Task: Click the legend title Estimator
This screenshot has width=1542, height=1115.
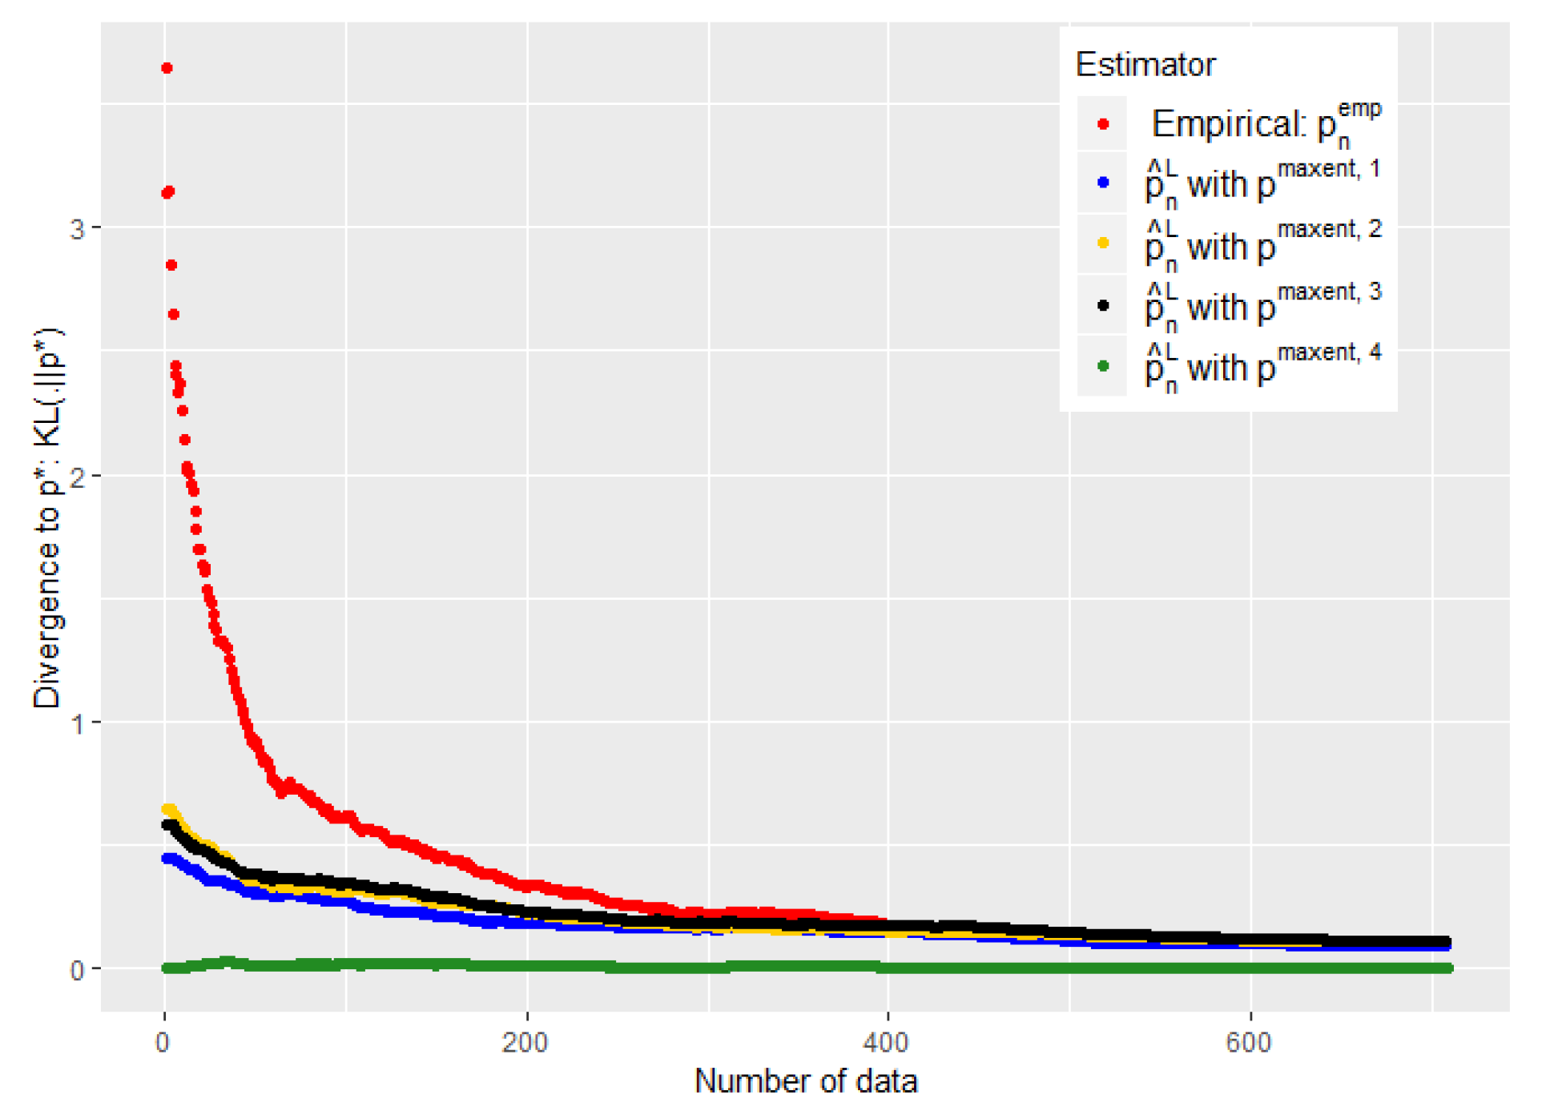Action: pyautogui.click(x=1145, y=65)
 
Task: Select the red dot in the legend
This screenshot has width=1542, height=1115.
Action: pyautogui.click(x=1103, y=124)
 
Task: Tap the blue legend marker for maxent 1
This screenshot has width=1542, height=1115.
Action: pyautogui.click(x=1103, y=183)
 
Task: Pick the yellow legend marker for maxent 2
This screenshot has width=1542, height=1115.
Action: pyautogui.click(x=1103, y=243)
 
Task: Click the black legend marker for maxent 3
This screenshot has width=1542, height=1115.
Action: pyautogui.click(x=1103, y=305)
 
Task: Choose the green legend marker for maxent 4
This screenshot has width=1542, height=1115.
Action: pyautogui.click(x=1103, y=366)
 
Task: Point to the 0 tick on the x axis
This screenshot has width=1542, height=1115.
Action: pyautogui.click(x=163, y=1042)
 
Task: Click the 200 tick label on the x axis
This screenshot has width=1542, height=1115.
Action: pyautogui.click(x=525, y=1042)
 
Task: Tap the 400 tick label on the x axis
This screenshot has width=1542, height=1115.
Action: pyautogui.click(x=887, y=1042)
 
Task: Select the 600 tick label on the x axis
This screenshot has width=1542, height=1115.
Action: pyautogui.click(x=1249, y=1042)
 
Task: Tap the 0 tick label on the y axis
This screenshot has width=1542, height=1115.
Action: pyautogui.click(x=77, y=971)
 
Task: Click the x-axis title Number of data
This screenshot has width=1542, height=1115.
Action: pyautogui.click(x=805, y=1081)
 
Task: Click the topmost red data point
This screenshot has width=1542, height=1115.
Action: pyautogui.click(x=167, y=68)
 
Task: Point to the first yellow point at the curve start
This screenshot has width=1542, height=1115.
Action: pyautogui.click(x=167, y=810)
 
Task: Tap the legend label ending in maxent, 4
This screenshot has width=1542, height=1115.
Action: pyautogui.click(x=1263, y=366)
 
